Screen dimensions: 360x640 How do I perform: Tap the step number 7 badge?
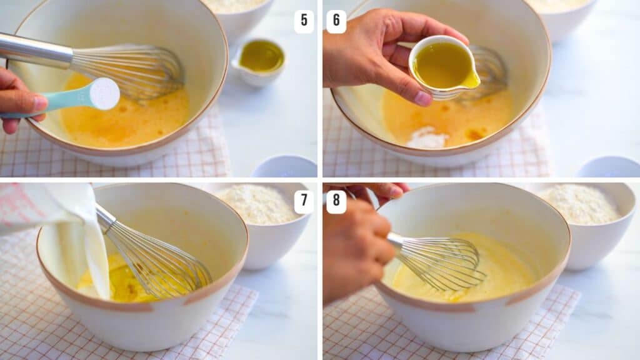click(x=304, y=202)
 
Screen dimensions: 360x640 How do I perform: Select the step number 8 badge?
click(x=336, y=202)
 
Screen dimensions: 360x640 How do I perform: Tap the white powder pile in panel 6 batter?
click(x=427, y=138)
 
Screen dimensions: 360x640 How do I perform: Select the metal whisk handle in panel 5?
click(x=34, y=51)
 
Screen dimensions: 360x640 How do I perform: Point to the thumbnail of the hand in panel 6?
click(x=422, y=98)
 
